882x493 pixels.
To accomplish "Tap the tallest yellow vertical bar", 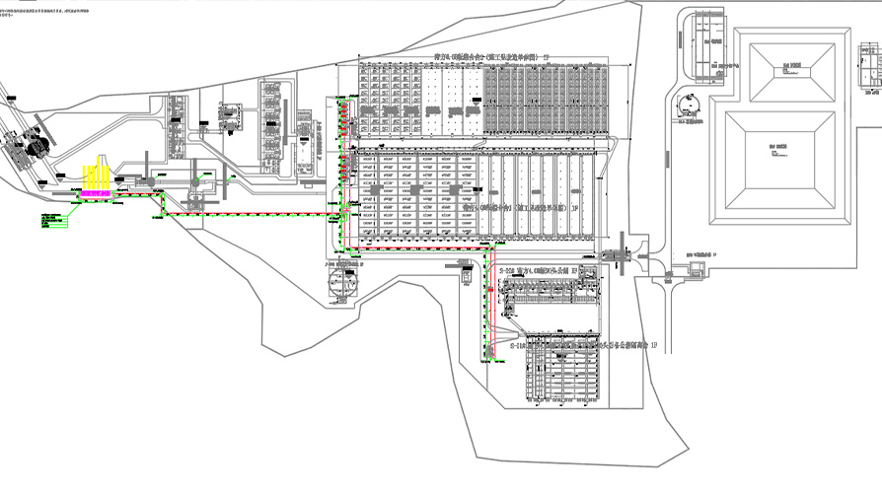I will [98, 174].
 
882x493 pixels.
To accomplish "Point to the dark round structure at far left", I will [39, 146].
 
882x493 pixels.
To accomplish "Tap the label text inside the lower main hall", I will [519, 208].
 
